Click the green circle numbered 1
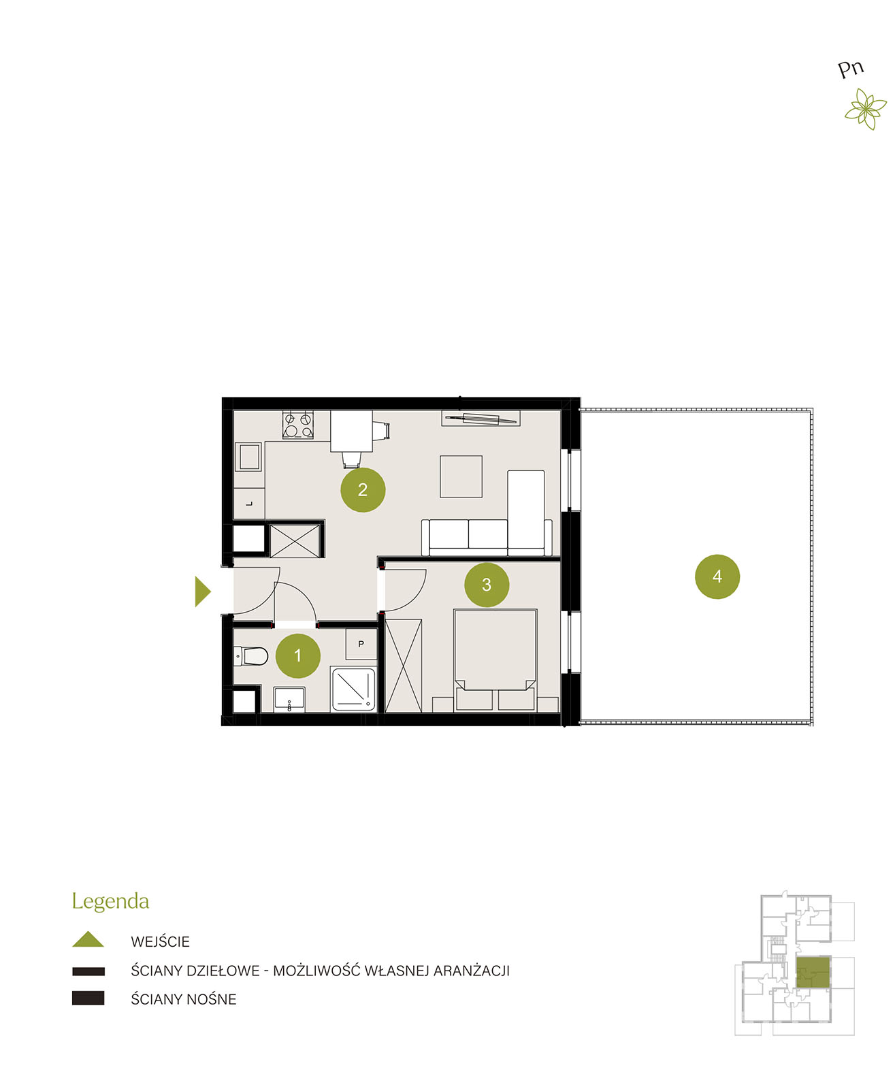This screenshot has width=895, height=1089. [x=297, y=655]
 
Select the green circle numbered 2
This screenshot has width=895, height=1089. [x=363, y=489]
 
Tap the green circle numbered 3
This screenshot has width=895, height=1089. [x=487, y=585]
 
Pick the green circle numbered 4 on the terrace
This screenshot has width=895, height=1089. [x=717, y=576]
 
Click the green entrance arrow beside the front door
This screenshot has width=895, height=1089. [x=203, y=591]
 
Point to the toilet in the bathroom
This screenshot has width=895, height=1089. [x=251, y=656]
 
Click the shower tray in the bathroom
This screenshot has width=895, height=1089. [x=353, y=689]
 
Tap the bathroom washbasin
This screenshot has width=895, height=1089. [x=289, y=700]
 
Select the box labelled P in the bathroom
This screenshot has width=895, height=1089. [x=361, y=644]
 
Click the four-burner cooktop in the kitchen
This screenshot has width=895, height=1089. [x=297, y=425]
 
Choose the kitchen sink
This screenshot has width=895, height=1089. [x=249, y=457]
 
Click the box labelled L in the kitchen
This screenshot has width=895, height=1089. [x=249, y=504]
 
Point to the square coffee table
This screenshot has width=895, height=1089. [x=461, y=476]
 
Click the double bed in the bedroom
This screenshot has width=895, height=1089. [x=495, y=660]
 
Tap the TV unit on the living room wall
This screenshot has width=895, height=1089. [x=481, y=419]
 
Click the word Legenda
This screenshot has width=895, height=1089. [x=110, y=902]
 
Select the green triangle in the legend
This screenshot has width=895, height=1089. [x=88, y=939]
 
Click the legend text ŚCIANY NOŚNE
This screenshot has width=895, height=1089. [x=183, y=999]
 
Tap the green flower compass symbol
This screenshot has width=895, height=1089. [x=866, y=109]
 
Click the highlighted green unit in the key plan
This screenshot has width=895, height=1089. [x=813, y=973]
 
